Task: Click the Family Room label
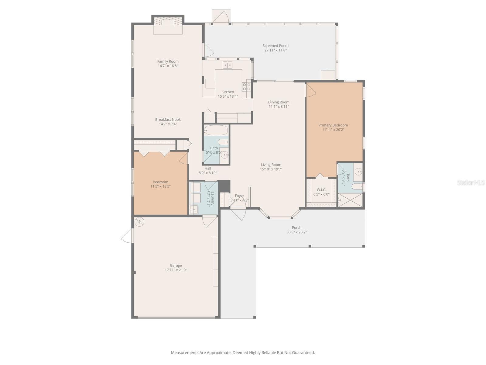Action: tap(168, 61)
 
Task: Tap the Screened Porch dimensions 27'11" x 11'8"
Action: tap(276, 50)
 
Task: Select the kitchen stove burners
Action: tap(246, 87)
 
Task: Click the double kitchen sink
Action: tap(228, 65)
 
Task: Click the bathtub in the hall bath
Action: tap(216, 130)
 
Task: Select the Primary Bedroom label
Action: tap(333, 125)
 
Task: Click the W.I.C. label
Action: tap(321, 190)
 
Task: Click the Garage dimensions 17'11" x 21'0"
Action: tap(176, 270)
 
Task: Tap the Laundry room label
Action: tap(213, 198)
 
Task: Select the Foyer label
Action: tap(239, 196)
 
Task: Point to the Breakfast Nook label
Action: tap(168, 120)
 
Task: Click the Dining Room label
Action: tap(279, 102)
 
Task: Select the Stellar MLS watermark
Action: tap(471, 182)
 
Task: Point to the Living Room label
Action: tap(271, 165)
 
